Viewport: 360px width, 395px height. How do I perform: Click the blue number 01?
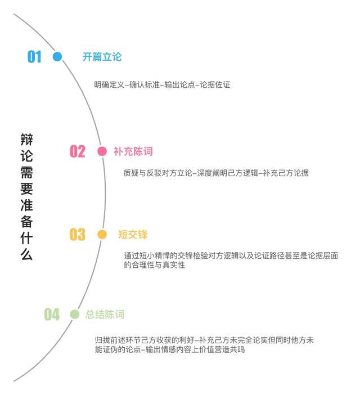[x=34, y=57]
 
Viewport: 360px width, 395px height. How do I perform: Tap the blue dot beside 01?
[x=57, y=56]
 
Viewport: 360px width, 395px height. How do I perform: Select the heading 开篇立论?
[x=102, y=57]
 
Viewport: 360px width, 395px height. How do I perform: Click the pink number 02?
[x=78, y=151]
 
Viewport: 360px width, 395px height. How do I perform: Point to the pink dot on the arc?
[x=102, y=151]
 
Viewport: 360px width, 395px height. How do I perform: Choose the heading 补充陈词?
[x=133, y=151]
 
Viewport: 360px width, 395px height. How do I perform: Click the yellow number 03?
[x=78, y=235]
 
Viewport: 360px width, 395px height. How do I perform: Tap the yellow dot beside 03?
[x=102, y=235]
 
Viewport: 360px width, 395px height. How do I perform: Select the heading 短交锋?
[x=133, y=235]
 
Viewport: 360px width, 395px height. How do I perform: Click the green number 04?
[x=52, y=315]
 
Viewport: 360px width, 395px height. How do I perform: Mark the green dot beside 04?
[x=74, y=315]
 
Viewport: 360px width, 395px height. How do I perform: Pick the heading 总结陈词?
[x=105, y=315]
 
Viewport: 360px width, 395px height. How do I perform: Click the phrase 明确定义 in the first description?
[x=109, y=84]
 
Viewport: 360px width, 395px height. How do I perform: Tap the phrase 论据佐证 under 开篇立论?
[x=215, y=84]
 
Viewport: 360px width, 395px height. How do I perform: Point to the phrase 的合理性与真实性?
[x=155, y=265]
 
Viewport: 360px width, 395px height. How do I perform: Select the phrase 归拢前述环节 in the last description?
[x=118, y=340]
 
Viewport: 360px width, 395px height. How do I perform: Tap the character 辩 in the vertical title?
[x=26, y=140]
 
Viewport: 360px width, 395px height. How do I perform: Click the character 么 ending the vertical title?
[x=26, y=254]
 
